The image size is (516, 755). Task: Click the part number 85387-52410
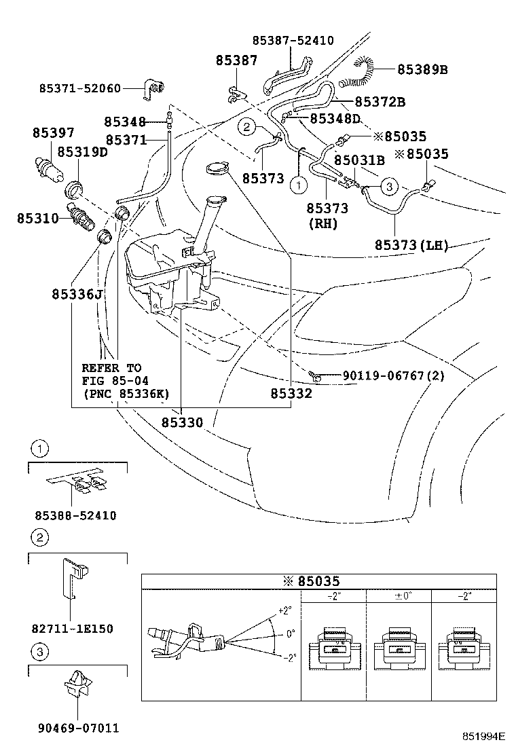(x=293, y=41)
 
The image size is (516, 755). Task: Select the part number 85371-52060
(x=79, y=88)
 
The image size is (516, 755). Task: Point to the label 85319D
(x=82, y=152)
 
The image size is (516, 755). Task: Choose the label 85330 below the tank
(x=182, y=422)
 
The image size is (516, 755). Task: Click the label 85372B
(x=381, y=102)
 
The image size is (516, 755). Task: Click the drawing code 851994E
(x=483, y=736)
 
